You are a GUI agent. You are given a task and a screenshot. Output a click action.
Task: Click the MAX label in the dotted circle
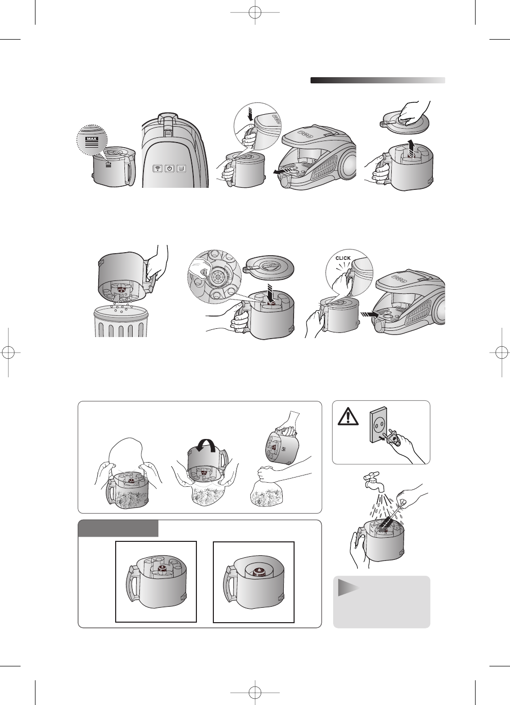(92, 138)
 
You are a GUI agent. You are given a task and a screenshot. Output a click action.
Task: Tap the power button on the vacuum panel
(170, 168)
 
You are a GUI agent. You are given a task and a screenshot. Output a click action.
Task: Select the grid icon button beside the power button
(181, 168)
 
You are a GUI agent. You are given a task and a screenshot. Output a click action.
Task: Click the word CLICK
(343, 258)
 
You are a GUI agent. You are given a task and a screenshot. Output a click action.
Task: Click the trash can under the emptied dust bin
(121, 322)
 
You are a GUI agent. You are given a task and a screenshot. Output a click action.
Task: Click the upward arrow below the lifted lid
(410, 149)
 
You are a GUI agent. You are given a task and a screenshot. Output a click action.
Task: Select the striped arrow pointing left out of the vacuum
(283, 170)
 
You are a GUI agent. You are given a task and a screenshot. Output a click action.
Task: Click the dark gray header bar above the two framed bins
(118, 528)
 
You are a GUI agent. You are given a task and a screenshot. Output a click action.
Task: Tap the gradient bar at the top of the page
(378, 80)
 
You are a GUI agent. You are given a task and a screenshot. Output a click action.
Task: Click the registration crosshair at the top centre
(255, 12)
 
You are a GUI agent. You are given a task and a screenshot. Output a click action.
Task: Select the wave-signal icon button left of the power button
(158, 168)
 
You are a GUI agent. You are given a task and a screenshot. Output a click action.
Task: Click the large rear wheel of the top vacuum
(350, 164)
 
